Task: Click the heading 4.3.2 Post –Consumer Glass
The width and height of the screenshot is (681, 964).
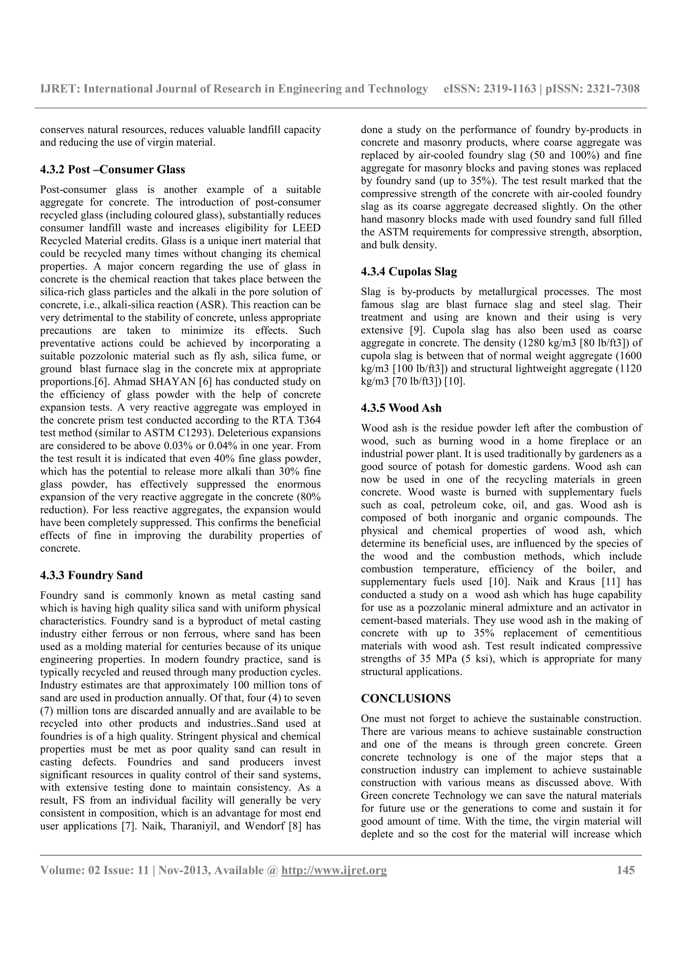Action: point(112,170)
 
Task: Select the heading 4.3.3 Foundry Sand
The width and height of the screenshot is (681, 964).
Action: point(91,575)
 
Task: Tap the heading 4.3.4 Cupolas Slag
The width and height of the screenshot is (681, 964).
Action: point(409,272)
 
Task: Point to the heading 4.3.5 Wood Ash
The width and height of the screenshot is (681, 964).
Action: point(401,408)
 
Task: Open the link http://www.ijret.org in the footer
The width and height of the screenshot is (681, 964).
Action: point(334,871)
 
